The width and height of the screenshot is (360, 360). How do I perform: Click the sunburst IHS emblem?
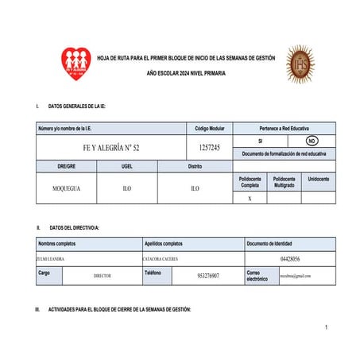tap(300, 64)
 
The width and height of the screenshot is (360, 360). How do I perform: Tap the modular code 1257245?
tap(210, 148)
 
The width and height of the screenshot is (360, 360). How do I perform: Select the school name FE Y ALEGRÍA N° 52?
tap(111, 148)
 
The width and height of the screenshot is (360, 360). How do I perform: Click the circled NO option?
tap(312, 141)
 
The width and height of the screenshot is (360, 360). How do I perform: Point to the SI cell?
tap(260, 141)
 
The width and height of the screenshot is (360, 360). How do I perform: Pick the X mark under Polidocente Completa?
tap(250, 199)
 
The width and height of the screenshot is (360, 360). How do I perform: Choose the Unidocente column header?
tap(318, 180)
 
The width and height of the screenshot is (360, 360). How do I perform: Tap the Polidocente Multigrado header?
tap(284, 182)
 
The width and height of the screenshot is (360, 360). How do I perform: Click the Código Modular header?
tap(210, 128)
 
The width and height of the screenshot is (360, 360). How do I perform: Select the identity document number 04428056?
tap(290, 259)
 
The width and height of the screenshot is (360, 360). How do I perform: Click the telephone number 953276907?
tap(207, 276)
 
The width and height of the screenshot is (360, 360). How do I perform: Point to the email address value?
tap(296, 276)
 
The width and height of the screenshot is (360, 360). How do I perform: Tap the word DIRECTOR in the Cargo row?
tap(102, 276)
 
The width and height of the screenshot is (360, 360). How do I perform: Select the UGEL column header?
tap(126, 167)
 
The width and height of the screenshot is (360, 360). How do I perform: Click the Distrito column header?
tap(195, 167)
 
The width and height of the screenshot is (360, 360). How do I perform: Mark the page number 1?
tap(326, 327)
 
